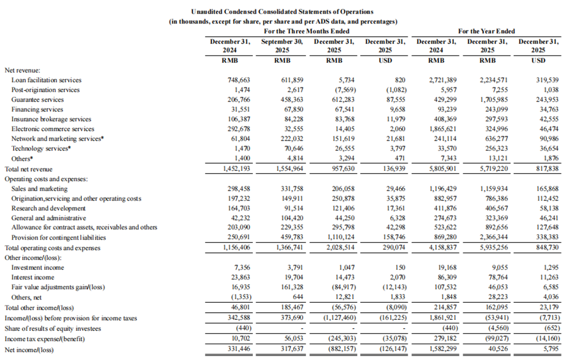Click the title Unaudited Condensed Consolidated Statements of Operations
pyautogui.click(x=282, y=12)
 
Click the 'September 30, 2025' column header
pyautogui.click(x=282, y=46)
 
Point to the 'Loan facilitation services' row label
pyautogui.click(x=46, y=80)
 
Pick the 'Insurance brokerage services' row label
pyautogui.click(x=51, y=119)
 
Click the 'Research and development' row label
pyautogui.click(x=48, y=208)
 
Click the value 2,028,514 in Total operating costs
pyautogui.click(x=335, y=248)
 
